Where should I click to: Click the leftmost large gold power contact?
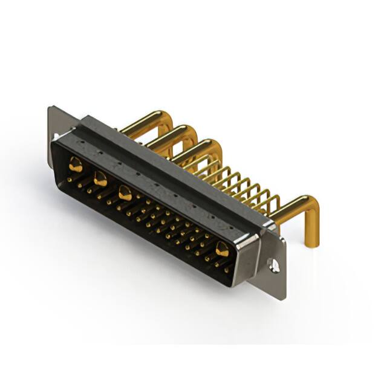pyautogui.click(x=75, y=163)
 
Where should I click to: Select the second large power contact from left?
pyautogui.click(x=100, y=178)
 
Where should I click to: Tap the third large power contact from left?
pyautogui.click(x=125, y=193)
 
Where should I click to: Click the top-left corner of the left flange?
pyautogui.click(x=50, y=108)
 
